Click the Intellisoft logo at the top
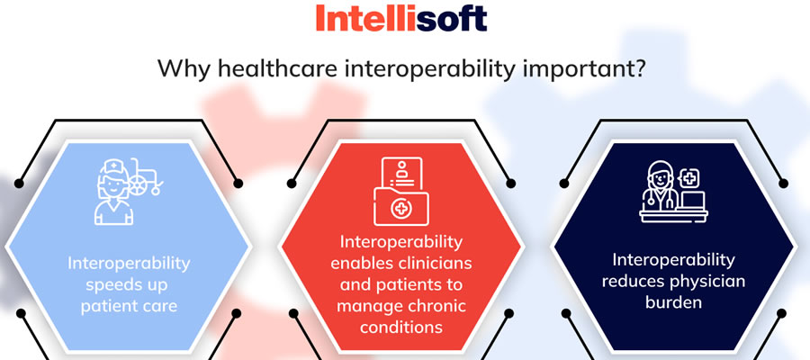(400, 18)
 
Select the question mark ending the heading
(639, 68)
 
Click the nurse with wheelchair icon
(129, 192)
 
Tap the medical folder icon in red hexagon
(401, 192)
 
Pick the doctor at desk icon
(673, 192)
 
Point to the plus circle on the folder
(400, 209)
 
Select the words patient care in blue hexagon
(129, 306)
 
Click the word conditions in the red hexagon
(400, 327)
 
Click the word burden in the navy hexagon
(673, 302)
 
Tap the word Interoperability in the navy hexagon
(673, 259)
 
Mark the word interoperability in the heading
(430, 69)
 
